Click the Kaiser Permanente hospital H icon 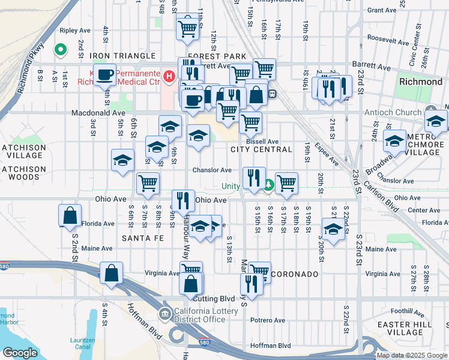coord(169,76)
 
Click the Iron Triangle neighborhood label coord(122,56)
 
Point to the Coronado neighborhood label coord(294,274)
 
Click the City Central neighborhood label coord(265,149)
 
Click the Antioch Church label coord(393,112)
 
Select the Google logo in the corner coord(20,353)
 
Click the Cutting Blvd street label coord(214,299)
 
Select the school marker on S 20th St coord(334,229)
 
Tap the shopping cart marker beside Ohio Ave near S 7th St coord(148,184)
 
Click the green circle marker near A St coord(60,50)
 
